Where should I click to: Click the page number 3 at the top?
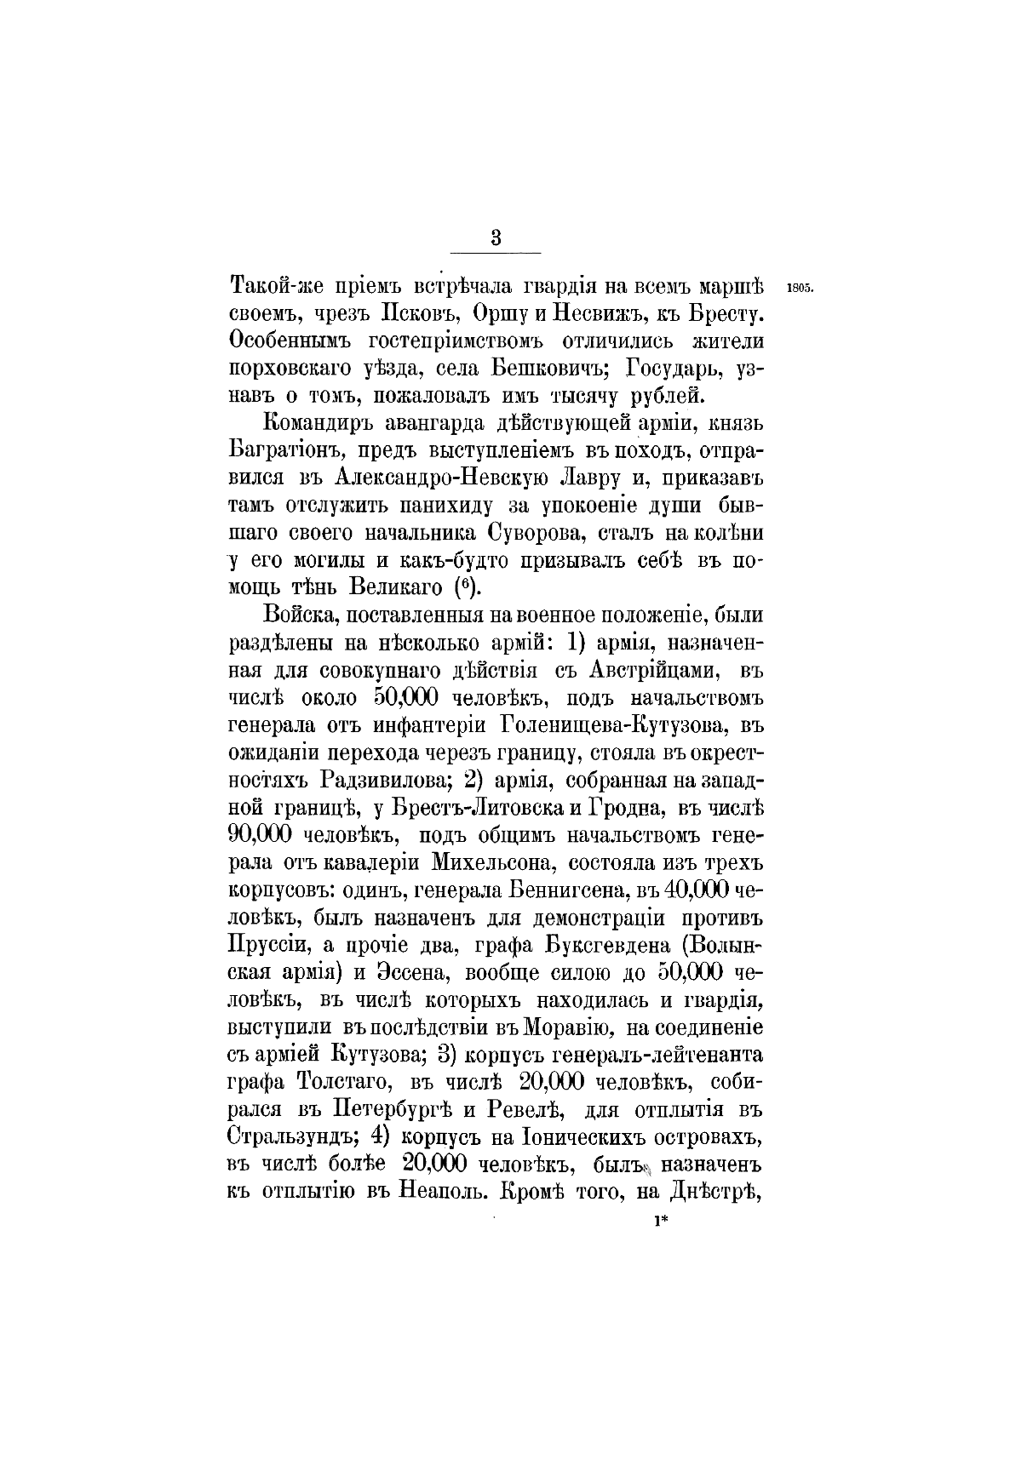coord(496,238)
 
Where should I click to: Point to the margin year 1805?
coord(801,286)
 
